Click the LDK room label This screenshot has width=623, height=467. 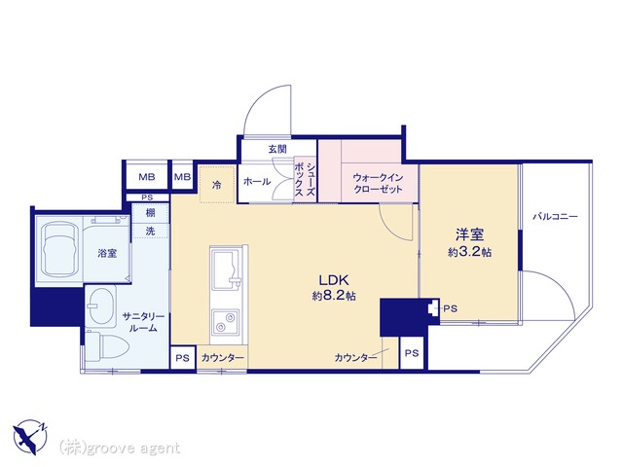[x=334, y=280]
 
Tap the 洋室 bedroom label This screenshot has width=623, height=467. [x=469, y=234]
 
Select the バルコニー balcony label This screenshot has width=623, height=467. [x=555, y=217]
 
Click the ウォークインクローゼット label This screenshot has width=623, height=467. [x=378, y=183]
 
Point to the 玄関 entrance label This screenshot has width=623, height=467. [x=277, y=149]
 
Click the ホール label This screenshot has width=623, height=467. [x=257, y=182]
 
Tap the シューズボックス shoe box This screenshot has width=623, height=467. [x=305, y=180]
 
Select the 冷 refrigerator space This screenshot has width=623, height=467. [x=217, y=185]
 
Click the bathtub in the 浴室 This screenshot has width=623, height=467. [x=59, y=250]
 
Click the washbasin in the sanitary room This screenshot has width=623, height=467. [x=101, y=306]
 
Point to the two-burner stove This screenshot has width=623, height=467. [x=225, y=322]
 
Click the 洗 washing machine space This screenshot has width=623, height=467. [x=150, y=231]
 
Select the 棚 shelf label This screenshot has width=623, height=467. [x=150, y=213]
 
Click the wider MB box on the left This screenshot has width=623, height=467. [x=147, y=177]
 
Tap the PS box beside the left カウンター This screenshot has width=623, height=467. [x=182, y=358]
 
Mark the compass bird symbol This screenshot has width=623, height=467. [x=29, y=437]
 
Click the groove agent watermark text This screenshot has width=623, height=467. [x=120, y=448]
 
